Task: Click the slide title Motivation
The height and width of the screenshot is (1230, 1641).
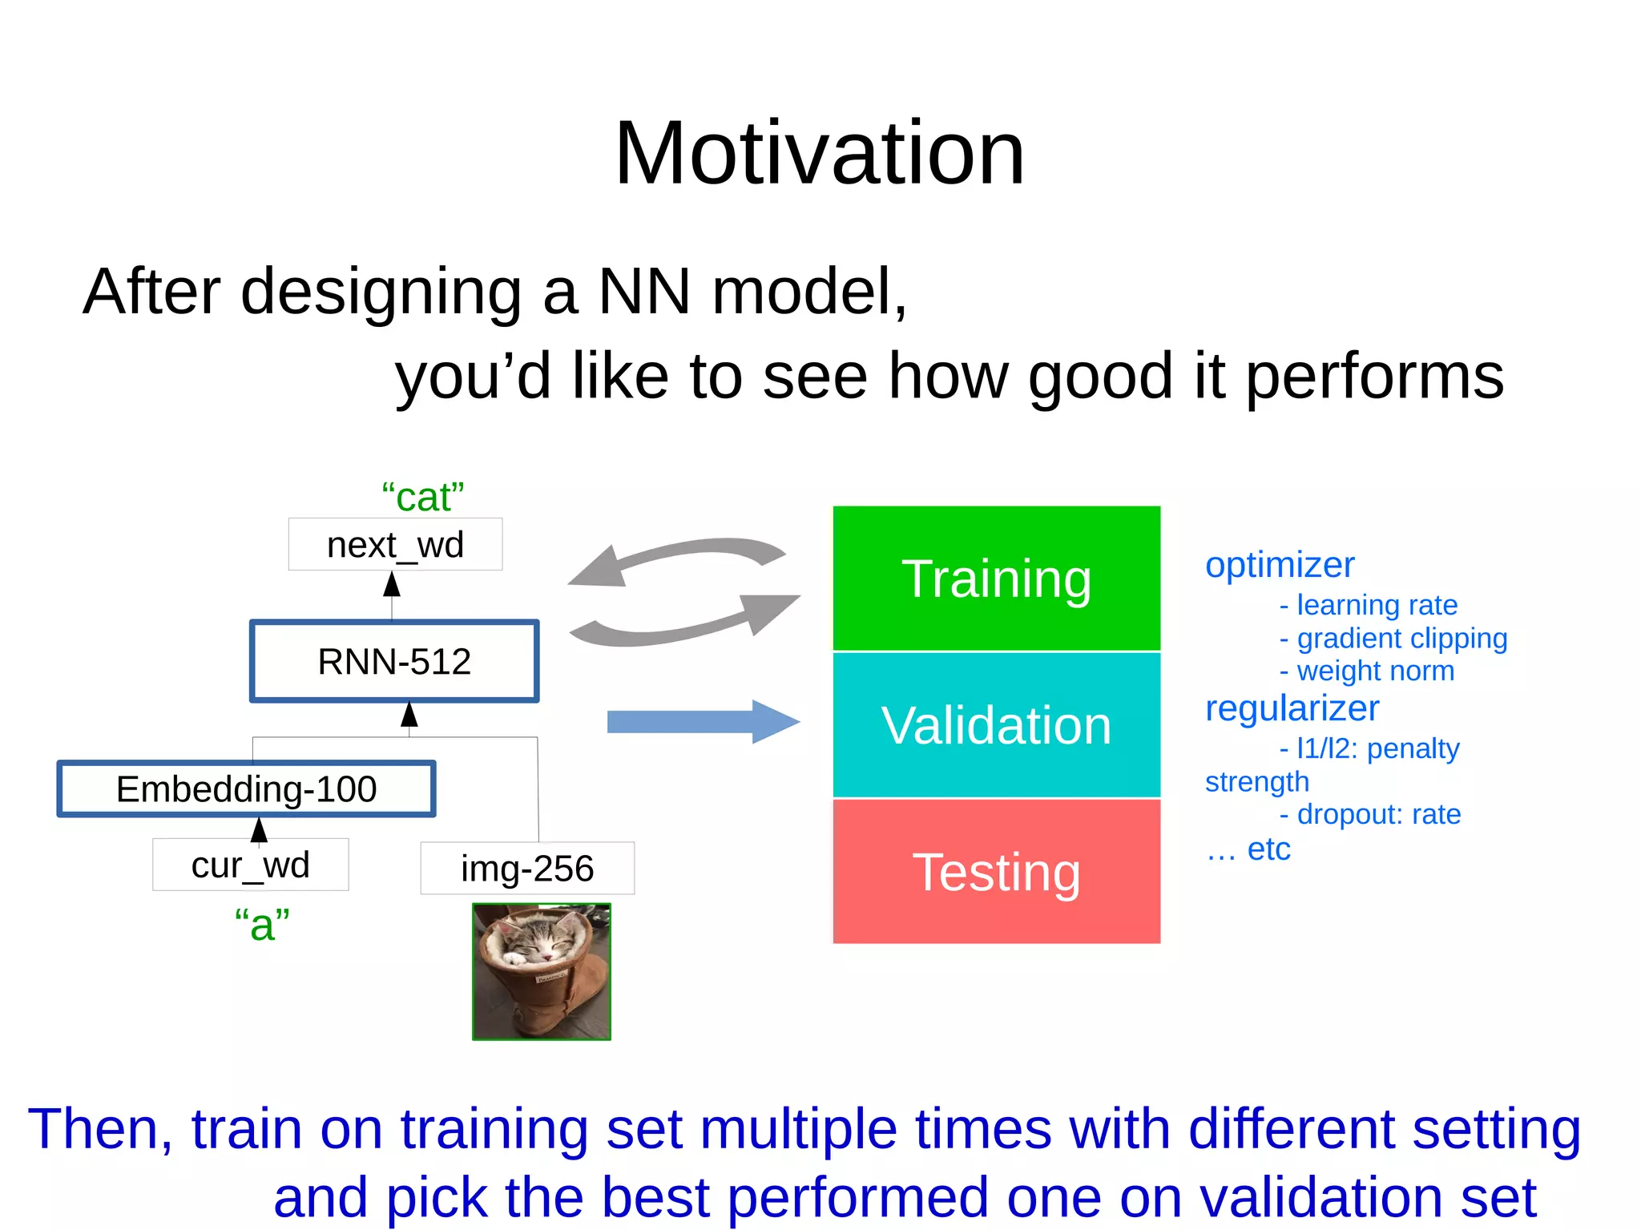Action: click(x=819, y=153)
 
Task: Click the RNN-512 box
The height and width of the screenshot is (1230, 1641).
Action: click(x=394, y=662)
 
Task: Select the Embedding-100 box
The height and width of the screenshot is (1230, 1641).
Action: click(x=246, y=789)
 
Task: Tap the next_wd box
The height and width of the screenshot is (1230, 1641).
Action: click(x=395, y=545)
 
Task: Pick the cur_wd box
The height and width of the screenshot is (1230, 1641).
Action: click(x=250, y=865)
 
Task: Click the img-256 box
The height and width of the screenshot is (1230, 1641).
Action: click(x=527, y=869)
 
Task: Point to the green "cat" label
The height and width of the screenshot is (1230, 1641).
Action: click(x=422, y=498)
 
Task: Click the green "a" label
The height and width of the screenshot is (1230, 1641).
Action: click(x=262, y=924)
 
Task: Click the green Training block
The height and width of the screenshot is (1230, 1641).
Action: click(x=996, y=579)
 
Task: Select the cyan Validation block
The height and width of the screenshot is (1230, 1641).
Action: click(x=996, y=725)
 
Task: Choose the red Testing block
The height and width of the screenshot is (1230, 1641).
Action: click(x=996, y=872)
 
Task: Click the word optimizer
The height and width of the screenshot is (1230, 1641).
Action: click(x=1280, y=565)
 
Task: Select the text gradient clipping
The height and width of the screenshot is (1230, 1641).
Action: click(x=1401, y=638)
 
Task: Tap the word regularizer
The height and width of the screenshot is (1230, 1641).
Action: click(x=1292, y=708)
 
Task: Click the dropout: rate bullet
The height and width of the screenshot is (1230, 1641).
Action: click(x=1378, y=814)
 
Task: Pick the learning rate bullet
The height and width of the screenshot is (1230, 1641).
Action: click(x=1377, y=605)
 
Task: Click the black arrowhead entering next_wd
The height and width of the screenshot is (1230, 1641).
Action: click(x=392, y=584)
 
